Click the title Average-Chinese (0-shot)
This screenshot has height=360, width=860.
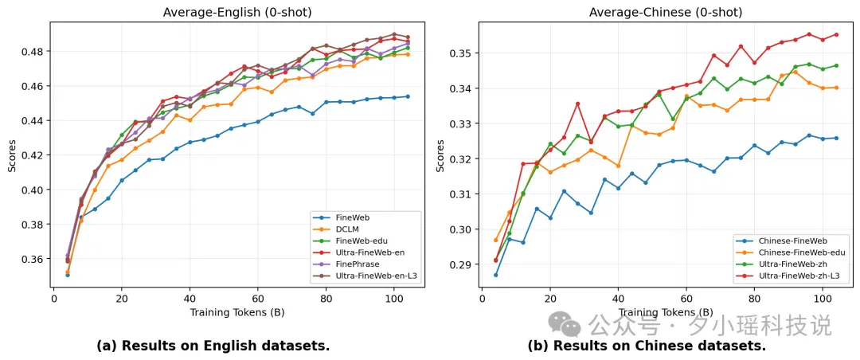(x=665, y=12)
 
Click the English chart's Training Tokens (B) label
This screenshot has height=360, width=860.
(x=237, y=313)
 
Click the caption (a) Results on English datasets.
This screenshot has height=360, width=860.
(x=213, y=346)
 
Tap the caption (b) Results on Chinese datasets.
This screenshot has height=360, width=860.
(x=647, y=346)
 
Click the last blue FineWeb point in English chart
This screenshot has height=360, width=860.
(x=408, y=96)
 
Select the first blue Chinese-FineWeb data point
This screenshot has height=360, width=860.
(x=496, y=275)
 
